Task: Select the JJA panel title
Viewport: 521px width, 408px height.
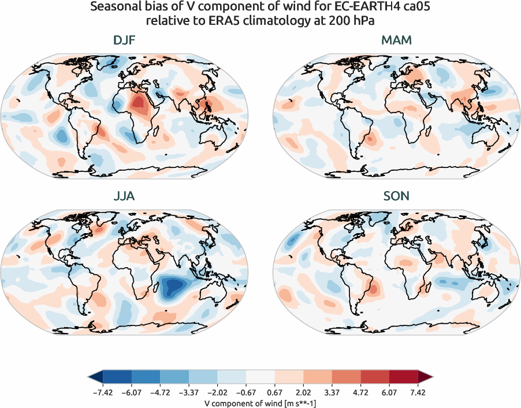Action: click(124, 196)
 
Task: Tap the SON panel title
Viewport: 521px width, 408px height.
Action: click(397, 196)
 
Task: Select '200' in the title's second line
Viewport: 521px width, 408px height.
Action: click(339, 21)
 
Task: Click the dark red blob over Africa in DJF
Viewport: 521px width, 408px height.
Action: click(139, 104)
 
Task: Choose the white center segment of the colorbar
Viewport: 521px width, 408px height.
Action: click(261, 377)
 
